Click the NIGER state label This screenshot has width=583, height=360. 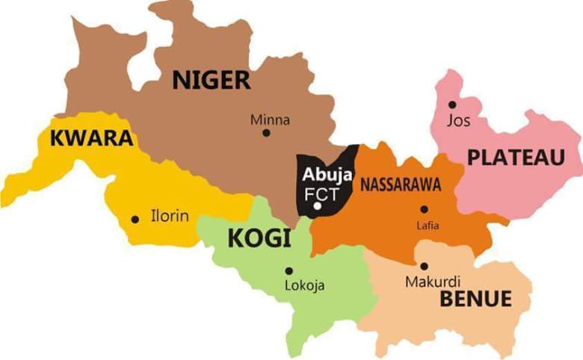pyautogui.click(x=212, y=79)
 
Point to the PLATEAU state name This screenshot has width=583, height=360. pyautogui.click(x=516, y=157)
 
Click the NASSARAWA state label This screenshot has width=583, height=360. pyautogui.click(x=400, y=185)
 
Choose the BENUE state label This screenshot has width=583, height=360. pyautogui.click(x=476, y=300)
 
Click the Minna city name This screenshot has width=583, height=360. pyautogui.click(x=270, y=120)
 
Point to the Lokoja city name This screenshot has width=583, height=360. pyautogui.click(x=305, y=285)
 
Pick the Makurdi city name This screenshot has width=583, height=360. pyautogui.click(x=428, y=282)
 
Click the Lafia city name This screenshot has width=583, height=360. pyautogui.click(x=428, y=226)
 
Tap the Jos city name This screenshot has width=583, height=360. pyautogui.click(x=458, y=120)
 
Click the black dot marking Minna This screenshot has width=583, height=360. pyautogui.click(x=266, y=133)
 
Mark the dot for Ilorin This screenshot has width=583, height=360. pyautogui.click(x=135, y=220)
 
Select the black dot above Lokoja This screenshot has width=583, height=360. pyautogui.click(x=289, y=270)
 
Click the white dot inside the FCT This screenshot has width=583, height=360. pyautogui.click(x=318, y=206)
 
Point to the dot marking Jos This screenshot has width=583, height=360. pyautogui.click(x=452, y=105)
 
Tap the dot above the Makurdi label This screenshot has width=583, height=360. pyautogui.click(x=424, y=266)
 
